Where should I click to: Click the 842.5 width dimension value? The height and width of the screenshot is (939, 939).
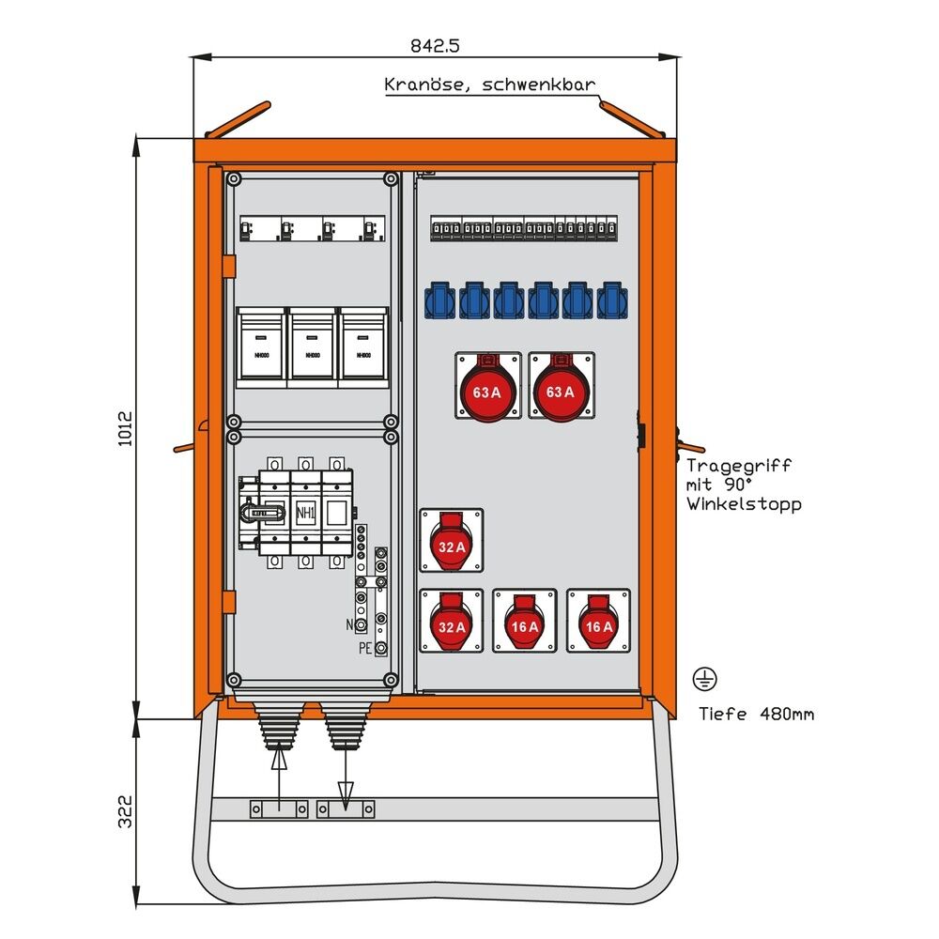(436, 44)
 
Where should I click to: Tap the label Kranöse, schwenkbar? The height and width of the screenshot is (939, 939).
(489, 85)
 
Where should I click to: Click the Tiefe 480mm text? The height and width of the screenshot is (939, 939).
(756, 715)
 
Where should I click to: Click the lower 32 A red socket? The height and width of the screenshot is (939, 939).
(452, 621)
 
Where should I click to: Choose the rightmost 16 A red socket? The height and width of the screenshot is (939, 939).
(598, 621)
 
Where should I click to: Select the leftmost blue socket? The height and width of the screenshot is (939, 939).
(440, 300)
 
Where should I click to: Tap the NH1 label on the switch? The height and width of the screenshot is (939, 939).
(305, 514)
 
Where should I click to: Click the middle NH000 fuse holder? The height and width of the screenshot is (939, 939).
(313, 346)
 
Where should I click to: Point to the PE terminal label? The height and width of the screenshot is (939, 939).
(363, 648)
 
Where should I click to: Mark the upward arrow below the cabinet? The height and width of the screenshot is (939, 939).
(279, 775)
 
